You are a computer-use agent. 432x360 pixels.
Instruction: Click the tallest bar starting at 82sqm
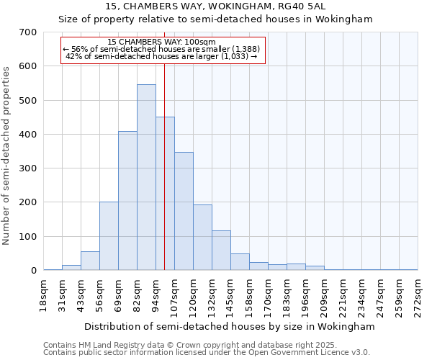click(146, 177)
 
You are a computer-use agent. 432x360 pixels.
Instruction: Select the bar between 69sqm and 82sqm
click(127, 201)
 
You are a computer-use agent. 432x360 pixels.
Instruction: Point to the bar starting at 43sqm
click(90, 261)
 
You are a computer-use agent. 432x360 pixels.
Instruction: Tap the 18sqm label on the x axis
click(43, 296)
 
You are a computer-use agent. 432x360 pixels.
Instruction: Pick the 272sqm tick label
click(418, 296)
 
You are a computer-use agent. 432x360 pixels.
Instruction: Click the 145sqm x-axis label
click(230, 296)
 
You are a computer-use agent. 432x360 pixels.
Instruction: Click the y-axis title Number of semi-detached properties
click(7, 155)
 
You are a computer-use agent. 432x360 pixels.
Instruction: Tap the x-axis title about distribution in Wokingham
click(230, 326)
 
